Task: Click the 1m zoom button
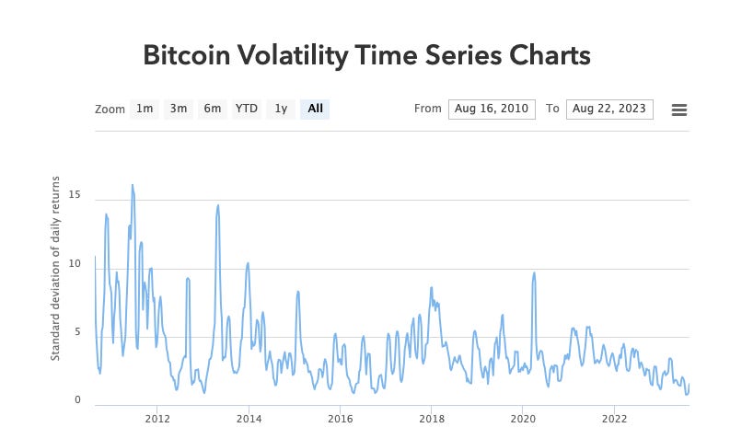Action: click(145, 109)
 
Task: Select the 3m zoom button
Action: click(178, 109)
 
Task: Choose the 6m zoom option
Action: click(213, 109)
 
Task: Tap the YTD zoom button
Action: click(246, 109)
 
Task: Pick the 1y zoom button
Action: click(281, 109)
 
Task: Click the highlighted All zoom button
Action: click(315, 109)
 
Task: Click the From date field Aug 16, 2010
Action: click(492, 109)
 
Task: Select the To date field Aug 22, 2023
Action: click(609, 109)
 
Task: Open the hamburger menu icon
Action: click(679, 110)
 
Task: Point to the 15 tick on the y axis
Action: click(75, 195)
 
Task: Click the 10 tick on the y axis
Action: click(75, 264)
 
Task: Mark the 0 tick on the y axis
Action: click(78, 400)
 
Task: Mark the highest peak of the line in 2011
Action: click(133, 185)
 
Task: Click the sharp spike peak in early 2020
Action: click(534, 272)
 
